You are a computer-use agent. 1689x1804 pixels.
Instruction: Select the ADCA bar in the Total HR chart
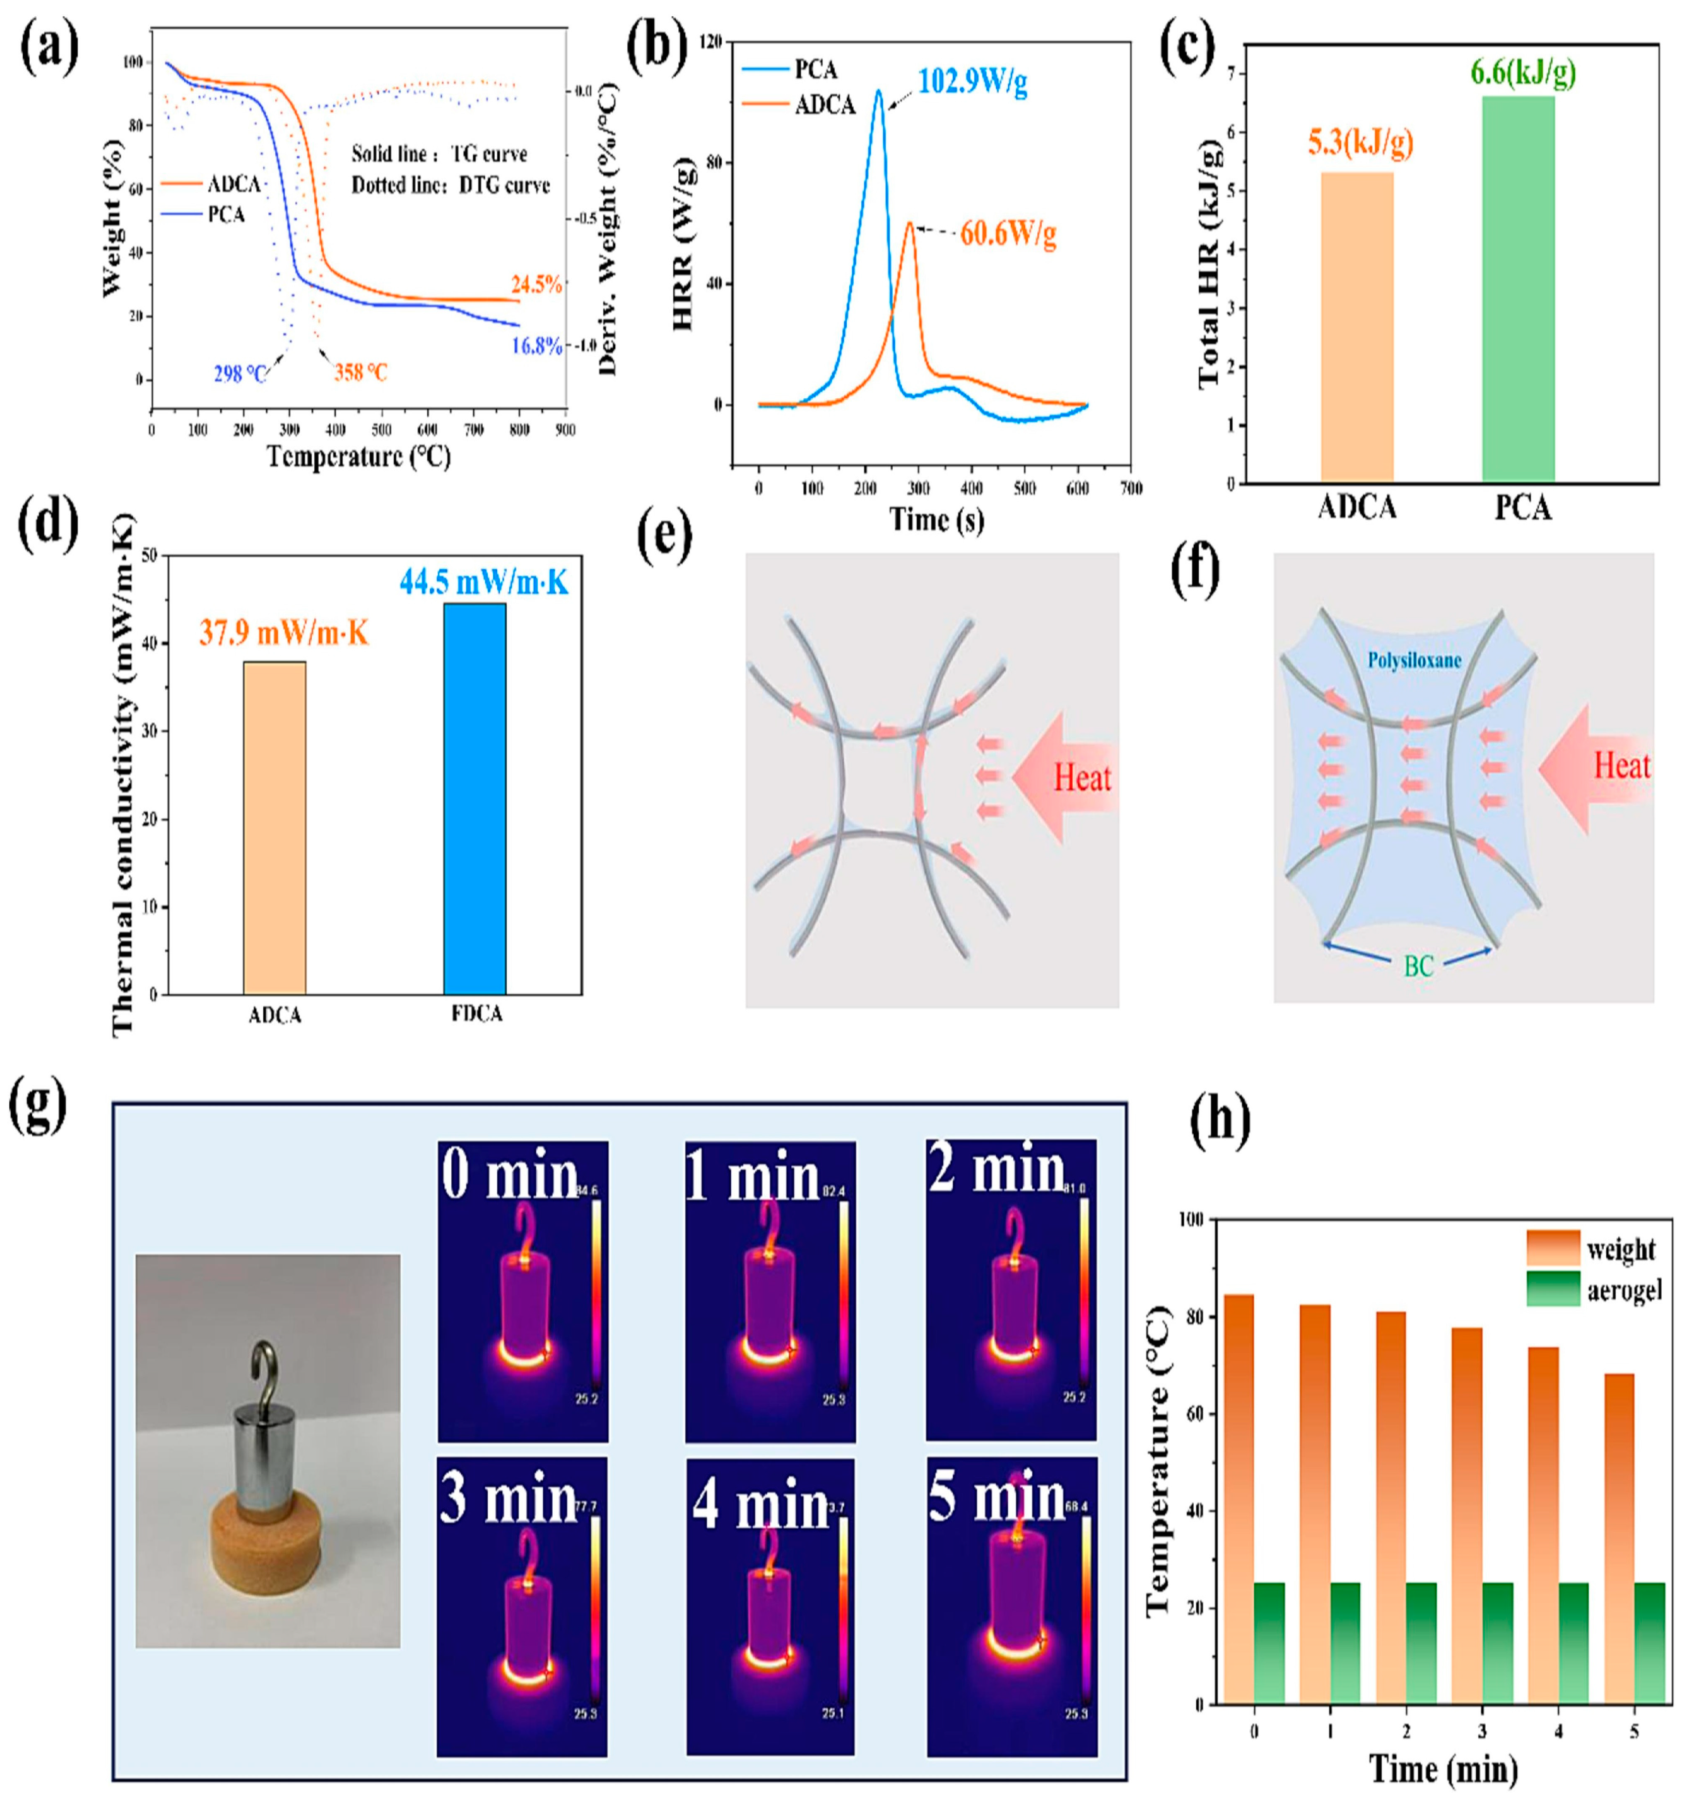1356,327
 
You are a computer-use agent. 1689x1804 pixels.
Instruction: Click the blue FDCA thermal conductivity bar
475,799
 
